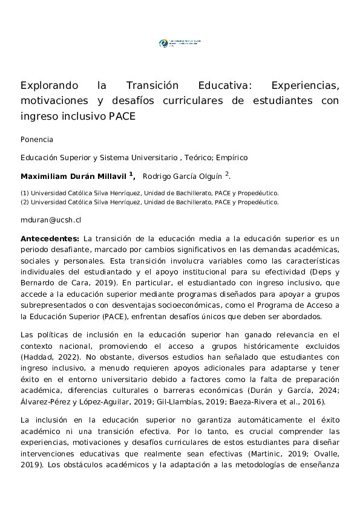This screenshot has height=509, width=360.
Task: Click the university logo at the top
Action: [179, 44]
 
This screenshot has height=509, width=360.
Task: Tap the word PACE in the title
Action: [122, 116]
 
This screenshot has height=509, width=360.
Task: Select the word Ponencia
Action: [37, 140]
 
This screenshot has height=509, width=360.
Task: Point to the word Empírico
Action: [232, 158]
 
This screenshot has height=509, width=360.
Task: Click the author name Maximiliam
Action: [47, 177]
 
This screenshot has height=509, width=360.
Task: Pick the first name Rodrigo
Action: [158, 177]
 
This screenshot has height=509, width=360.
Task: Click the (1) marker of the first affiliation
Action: [25, 193]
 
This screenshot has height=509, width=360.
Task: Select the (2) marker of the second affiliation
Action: [25, 203]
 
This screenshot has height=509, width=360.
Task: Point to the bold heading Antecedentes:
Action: [50, 239]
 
